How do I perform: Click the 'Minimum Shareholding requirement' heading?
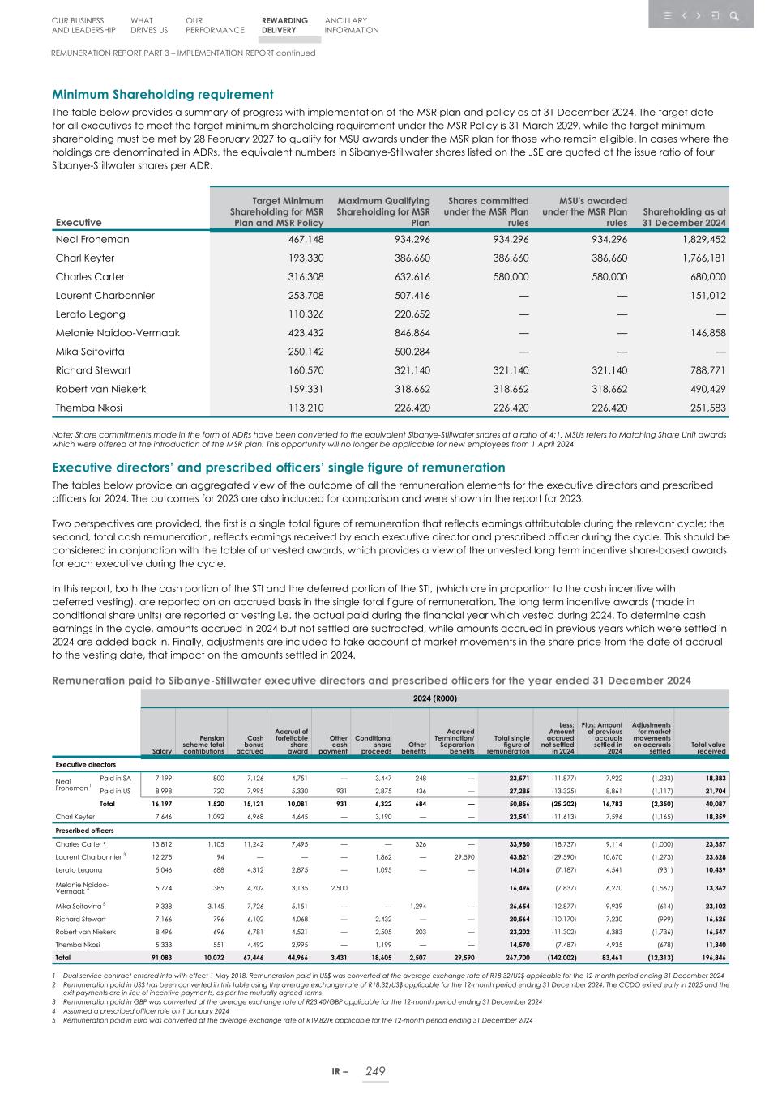pos(162,95)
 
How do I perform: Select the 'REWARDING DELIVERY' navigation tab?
pos(284,25)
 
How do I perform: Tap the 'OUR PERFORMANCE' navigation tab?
pos(214,25)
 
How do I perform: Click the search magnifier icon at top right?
pos(733,15)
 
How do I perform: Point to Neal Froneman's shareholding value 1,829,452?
pos(695,239)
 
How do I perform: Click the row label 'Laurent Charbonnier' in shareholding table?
pos(102,296)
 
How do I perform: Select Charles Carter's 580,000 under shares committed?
pos(507,277)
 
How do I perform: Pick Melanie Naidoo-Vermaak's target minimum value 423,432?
pos(301,333)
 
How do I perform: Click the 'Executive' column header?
pos(79,222)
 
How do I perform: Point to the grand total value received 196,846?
pos(710,957)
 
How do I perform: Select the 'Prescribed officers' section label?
pos(85,831)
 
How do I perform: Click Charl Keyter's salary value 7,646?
pos(162,817)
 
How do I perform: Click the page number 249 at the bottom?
pos(374,1071)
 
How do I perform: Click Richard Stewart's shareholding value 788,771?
pos(703,370)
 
